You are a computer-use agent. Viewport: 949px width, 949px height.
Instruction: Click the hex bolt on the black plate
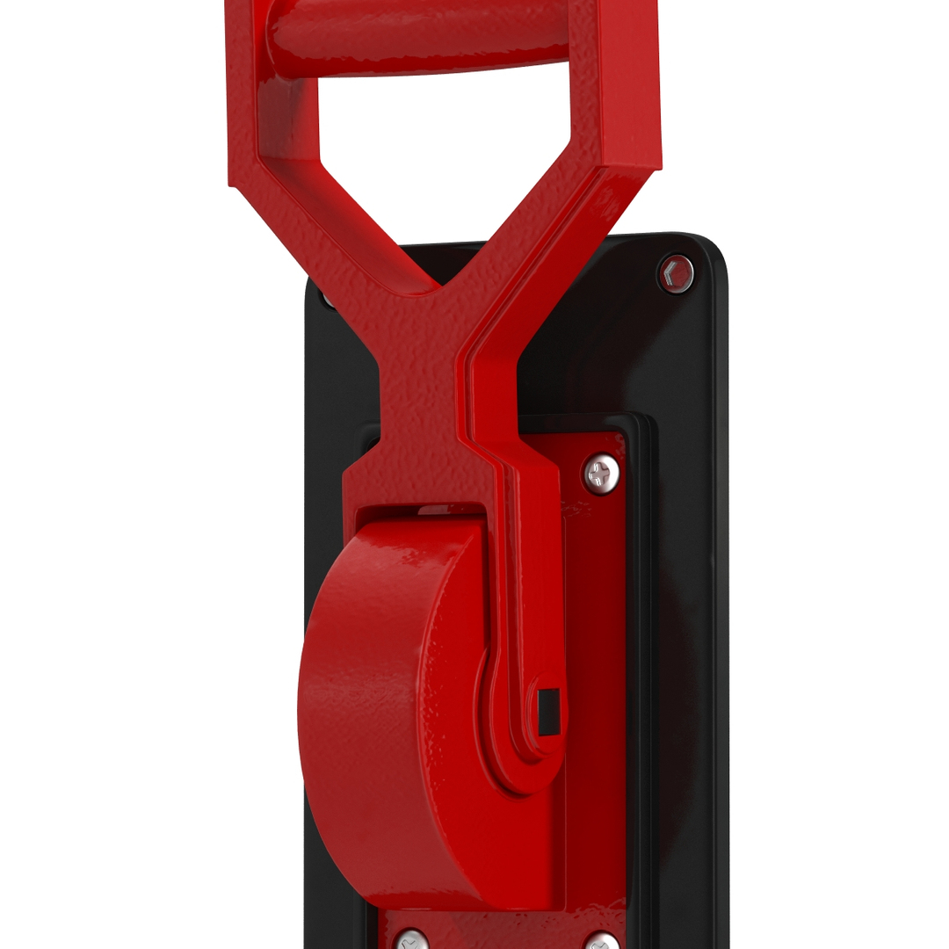click(x=675, y=273)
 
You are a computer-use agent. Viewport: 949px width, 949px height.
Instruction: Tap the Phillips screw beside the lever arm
click(x=602, y=474)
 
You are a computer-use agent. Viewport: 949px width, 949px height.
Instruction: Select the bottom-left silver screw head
click(x=409, y=939)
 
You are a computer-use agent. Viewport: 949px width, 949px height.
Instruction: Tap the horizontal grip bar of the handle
click(x=422, y=40)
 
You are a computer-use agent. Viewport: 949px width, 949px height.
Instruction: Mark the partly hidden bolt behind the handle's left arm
click(x=328, y=297)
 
